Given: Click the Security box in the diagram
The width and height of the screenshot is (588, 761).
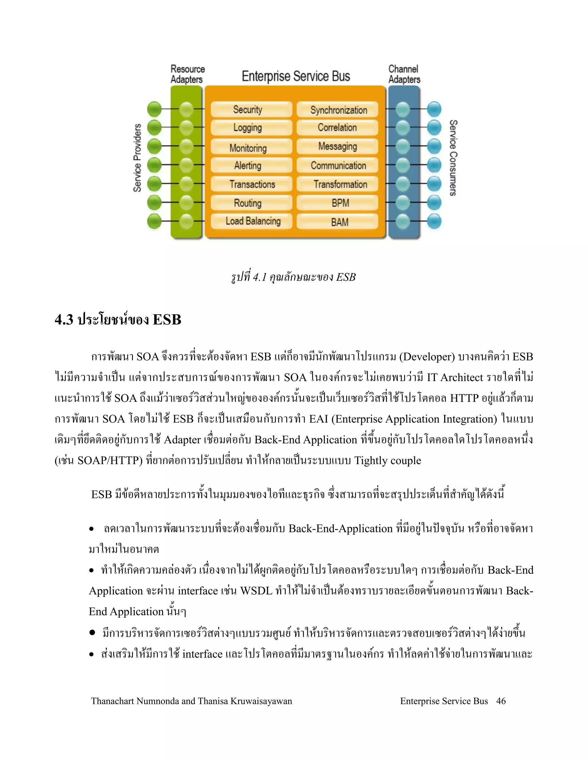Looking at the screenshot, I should pos(251,109).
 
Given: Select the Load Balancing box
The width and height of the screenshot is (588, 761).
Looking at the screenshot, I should pos(251,221).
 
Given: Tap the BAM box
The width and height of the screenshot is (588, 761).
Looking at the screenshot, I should pos(337,222).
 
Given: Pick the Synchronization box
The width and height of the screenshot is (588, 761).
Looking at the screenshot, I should pos(337,110).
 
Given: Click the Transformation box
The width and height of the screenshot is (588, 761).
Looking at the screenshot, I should pos(337,184).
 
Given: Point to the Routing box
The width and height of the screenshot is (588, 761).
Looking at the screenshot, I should pos(251,203).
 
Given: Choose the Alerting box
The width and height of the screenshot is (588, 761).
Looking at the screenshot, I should pos(251,165).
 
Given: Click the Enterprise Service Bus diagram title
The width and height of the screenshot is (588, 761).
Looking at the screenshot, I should pos(296,76).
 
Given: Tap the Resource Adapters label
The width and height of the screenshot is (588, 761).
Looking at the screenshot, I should pos(187,74).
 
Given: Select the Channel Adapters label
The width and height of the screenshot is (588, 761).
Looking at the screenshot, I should pos(404,74).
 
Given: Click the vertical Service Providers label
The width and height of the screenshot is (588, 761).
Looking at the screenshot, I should pos(138,157).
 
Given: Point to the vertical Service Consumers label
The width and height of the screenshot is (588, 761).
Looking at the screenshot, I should pos(453,157).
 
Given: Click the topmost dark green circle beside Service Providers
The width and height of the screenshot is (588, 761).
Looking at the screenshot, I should pos(154,109).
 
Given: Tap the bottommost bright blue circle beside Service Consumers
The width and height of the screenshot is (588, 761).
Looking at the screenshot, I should pos(434,221).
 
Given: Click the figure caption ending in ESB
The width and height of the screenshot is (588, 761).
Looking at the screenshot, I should pos(293,277).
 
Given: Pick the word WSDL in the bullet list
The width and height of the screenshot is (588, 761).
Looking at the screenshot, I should pos(256,591).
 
